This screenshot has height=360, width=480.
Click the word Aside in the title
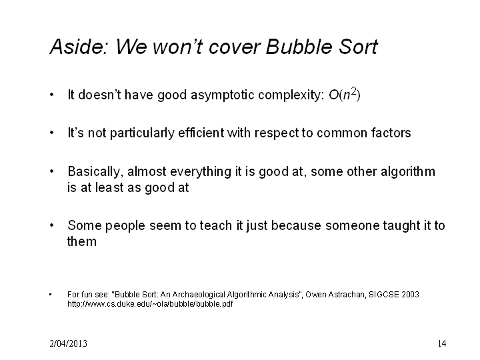[x=79, y=47]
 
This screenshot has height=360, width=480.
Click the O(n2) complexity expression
[x=345, y=94]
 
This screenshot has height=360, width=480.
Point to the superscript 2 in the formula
[x=354, y=91]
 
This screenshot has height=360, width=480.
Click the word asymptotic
[x=223, y=95]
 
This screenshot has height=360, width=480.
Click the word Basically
[x=95, y=172]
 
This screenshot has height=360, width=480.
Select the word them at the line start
[x=82, y=241]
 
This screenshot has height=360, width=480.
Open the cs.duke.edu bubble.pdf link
[x=150, y=304]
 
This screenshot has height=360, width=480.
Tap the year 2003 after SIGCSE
[x=410, y=295]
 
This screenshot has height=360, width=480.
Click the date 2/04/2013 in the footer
[x=68, y=343]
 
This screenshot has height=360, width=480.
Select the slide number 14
[x=442, y=343]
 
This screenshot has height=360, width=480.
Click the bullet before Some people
[x=52, y=225]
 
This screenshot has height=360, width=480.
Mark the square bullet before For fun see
[x=51, y=295]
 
